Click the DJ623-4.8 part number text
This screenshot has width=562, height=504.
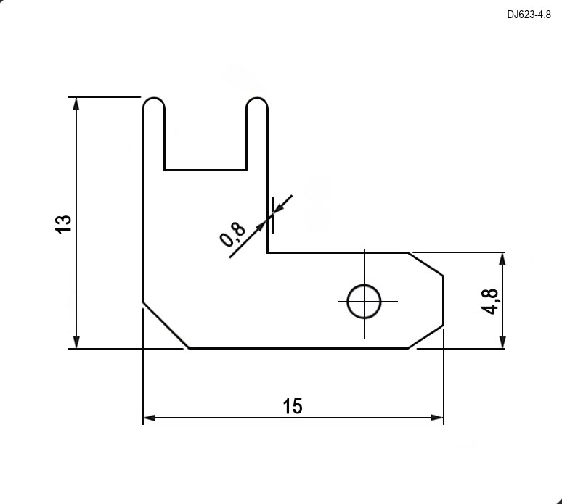(529, 15)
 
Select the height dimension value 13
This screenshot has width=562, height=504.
(64, 224)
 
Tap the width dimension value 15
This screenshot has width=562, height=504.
(293, 406)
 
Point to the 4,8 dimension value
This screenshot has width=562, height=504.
(489, 301)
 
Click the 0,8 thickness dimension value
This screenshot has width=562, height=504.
(232, 234)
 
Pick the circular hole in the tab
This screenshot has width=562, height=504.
(365, 302)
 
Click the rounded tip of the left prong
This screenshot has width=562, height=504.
(154, 102)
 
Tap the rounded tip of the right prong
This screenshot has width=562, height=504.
(257, 102)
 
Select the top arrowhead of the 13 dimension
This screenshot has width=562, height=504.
(76, 104)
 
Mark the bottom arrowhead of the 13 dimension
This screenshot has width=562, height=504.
(76, 342)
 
